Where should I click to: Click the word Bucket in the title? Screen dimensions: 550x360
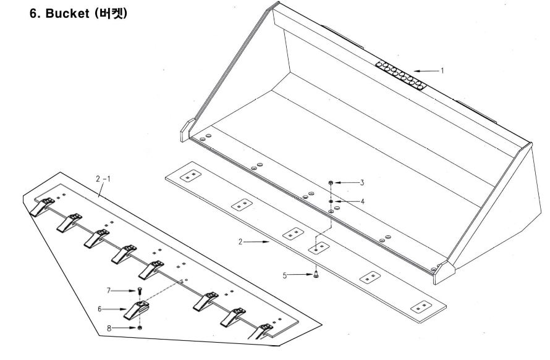(x=67, y=14)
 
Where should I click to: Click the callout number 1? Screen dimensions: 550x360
(x=442, y=70)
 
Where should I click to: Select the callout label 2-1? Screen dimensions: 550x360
(x=103, y=179)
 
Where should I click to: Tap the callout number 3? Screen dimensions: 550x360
(x=362, y=182)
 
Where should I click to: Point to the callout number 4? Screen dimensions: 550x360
(x=362, y=201)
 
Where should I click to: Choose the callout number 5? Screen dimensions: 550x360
(x=284, y=275)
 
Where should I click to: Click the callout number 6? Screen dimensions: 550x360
(x=99, y=309)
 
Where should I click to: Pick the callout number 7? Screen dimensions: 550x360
(x=109, y=291)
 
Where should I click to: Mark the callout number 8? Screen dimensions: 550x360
(x=109, y=328)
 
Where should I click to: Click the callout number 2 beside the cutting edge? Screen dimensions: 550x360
(x=240, y=241)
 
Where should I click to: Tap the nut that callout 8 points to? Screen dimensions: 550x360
(x=140, y=328)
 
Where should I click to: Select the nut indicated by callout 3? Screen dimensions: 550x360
(x=331, y=183)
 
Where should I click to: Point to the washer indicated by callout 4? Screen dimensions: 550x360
(x=331, y=201)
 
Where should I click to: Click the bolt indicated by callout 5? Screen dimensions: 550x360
(x=316, y=275)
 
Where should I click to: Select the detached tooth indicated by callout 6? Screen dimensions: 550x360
(x=137, y=309)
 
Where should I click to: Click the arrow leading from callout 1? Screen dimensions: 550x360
(x=426, y=71)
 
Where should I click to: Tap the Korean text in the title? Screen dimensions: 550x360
(x=111, y=14)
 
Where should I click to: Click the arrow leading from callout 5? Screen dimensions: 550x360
(x=300, y=275)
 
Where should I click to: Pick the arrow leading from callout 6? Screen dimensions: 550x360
(x=114, y=309)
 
